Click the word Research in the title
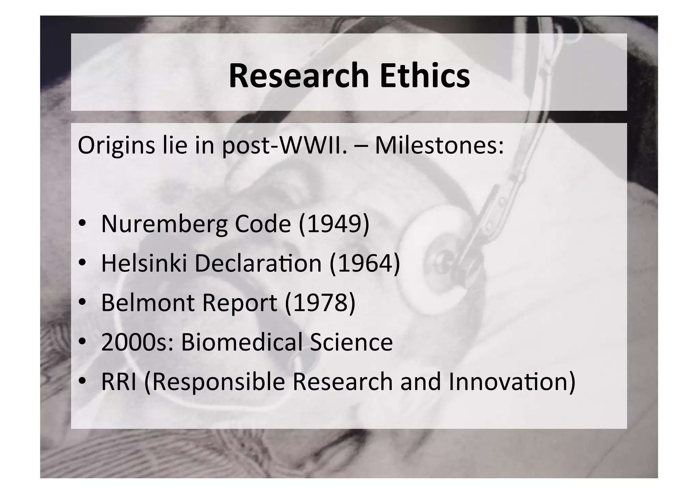299,75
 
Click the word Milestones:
439,145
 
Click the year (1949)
334,224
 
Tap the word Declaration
258,263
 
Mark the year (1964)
365,263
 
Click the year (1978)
320,303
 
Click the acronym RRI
119,382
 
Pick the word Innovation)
512,382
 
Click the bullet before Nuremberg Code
82,224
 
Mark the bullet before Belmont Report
82,302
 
